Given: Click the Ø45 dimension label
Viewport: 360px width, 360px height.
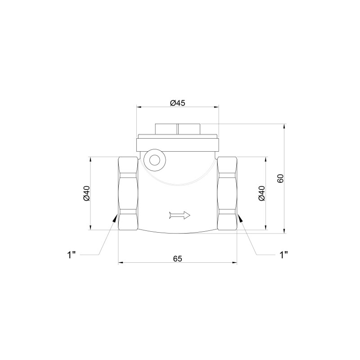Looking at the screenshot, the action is [x=177, y=103].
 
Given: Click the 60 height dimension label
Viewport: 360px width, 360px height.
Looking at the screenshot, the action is [x=280, y=178].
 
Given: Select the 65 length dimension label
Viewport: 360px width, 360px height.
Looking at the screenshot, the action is [x=177, y=258].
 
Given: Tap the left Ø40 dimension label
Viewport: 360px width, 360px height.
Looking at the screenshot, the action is [x=86, y=193].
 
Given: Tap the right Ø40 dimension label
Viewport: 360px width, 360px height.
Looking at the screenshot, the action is [x=261, y=193].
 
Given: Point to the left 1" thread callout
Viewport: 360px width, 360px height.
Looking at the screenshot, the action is [x=71, y=255].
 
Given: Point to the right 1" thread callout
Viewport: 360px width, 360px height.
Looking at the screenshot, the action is [x=284, y=255].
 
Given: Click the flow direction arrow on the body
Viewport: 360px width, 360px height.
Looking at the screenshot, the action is [x=180, y=215].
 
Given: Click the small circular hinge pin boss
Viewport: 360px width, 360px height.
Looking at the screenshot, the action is [x=155, y=160].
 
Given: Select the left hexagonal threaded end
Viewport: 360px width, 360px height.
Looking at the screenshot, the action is [x=128, y=193].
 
